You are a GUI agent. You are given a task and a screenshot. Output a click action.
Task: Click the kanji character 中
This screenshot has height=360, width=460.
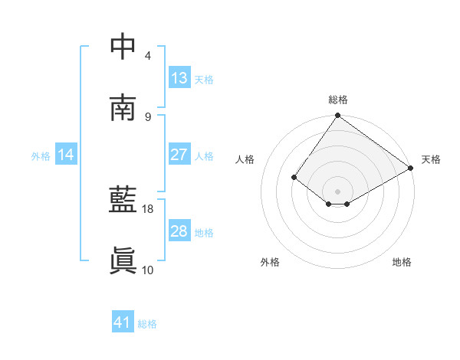(123, 47)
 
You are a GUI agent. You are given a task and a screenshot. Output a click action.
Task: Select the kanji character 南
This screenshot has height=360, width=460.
(123, 108)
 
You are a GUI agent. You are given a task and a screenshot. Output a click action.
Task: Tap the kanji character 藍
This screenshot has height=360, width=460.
(123, 200)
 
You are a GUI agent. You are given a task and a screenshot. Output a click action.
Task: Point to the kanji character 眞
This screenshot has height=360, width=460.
(123, 261)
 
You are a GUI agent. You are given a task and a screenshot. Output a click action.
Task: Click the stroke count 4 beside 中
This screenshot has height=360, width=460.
(147, 56)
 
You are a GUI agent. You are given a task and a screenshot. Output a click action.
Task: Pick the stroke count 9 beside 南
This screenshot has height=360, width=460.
(147, 116)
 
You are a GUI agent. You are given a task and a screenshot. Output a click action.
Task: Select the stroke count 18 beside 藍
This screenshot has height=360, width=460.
(148, 208)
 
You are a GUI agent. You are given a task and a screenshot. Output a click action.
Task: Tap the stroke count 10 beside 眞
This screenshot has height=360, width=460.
(148, 270)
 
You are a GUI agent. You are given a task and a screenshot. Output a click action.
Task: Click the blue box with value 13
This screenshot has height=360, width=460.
(179, 78)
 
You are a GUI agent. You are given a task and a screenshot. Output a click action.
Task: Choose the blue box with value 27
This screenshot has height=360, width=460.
(179, 155)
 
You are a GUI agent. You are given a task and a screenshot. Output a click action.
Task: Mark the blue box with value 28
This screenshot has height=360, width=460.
(179, 231)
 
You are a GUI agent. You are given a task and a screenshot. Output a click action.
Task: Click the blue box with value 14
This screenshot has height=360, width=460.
(66, 155)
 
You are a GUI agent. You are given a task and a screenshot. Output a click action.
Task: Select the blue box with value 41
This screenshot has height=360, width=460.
(123, 323)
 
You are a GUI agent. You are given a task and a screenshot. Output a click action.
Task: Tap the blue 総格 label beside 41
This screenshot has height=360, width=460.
(147, 324)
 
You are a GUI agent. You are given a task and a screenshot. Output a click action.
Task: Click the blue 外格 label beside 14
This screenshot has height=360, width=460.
(41, 155)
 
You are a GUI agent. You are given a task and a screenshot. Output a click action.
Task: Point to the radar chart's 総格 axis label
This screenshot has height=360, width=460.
(338, 100)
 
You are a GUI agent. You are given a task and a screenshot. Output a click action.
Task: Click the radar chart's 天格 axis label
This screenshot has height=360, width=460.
(431, 159)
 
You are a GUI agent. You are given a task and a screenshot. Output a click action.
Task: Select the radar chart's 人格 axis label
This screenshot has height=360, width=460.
(245, 159)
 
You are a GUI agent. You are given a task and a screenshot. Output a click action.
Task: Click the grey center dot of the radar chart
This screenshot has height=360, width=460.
(338, 191)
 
